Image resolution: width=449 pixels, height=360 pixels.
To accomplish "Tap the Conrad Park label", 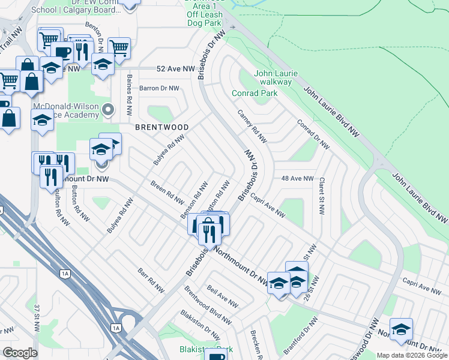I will [x=255, y=93].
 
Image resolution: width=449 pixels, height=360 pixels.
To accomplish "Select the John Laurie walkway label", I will [x=273, y=77].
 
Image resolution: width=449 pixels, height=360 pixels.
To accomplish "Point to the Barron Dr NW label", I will [x=159, y=88].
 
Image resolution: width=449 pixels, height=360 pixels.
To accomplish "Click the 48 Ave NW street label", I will [x=298, y=178].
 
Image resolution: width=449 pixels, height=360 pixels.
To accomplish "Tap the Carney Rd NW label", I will [x=252, y=127].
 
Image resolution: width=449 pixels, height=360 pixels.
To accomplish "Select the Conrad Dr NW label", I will [x=313, y=134].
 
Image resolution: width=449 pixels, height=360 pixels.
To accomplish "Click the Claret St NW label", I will [x=322, y=196].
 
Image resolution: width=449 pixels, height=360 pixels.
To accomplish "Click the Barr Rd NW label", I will [x=151, y=280].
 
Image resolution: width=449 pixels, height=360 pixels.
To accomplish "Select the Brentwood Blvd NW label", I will [x=208, y=304].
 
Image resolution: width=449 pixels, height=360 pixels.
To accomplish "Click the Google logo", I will [x=20, y=352].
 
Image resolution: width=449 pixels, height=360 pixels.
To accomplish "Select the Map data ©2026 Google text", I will [x=412, y=355].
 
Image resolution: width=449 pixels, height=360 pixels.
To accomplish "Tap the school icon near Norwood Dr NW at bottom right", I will [x=401, y=329].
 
